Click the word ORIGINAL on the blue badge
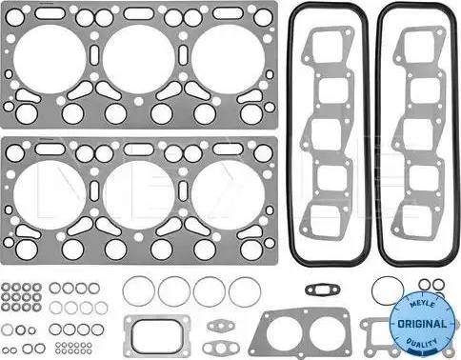[x=422, y=324]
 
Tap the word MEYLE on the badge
[x=422, y=305]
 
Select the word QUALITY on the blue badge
[x=422, y=344]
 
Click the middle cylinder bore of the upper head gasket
[x=139, y=59]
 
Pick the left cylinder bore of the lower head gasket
[x=50, y=194]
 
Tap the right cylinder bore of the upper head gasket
[x=228, y=59]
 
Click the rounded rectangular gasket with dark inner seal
[x=156, y=335]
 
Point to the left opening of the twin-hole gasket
[x=284, y=334]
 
